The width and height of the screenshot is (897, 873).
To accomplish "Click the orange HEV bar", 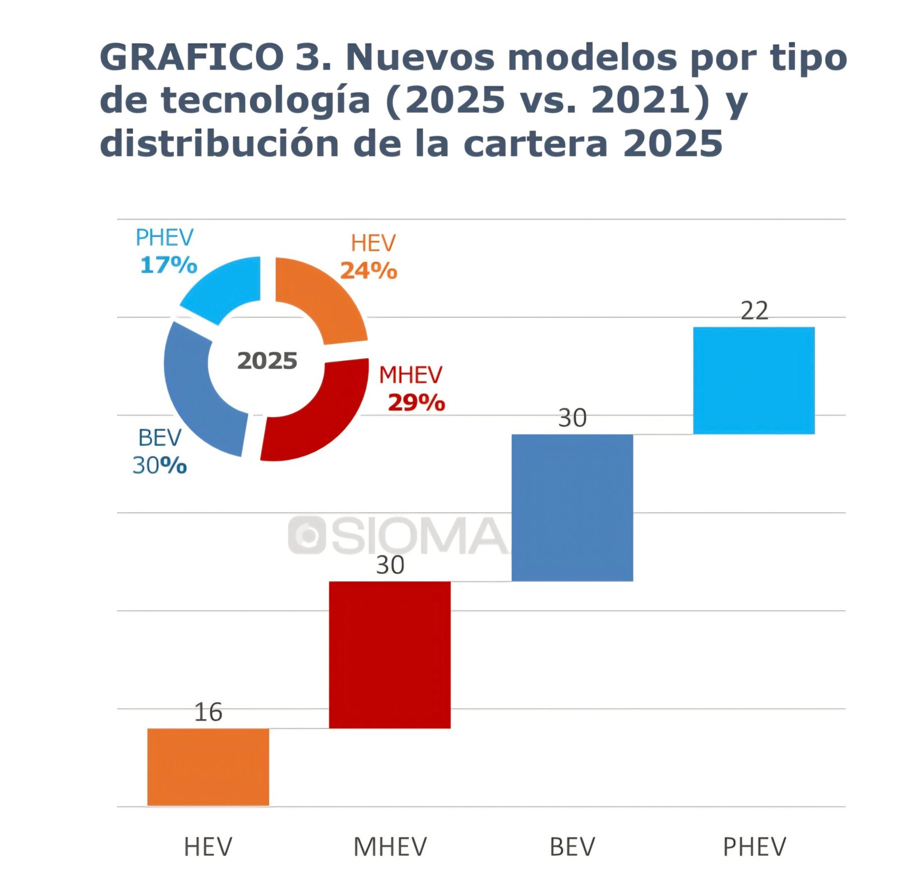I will tap(208, 767).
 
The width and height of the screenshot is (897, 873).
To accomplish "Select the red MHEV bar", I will tap(390, 654).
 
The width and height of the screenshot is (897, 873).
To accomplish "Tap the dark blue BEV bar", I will tap(572, 507).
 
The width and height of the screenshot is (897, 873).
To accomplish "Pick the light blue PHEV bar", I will tap(753, 380).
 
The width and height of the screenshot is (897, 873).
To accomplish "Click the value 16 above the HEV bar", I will tap(208, 712).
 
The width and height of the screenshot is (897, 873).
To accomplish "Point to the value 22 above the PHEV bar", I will tap(754, 310).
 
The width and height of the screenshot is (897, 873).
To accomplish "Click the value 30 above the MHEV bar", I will tap(390, 565).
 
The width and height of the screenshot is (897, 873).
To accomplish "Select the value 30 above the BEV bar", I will tap(572, 418).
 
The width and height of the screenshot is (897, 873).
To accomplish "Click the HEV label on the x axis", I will tap(208, 847).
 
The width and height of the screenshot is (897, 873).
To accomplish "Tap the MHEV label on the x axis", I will tap(390, 847).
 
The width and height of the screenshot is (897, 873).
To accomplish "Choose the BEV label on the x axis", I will tap(572, 847).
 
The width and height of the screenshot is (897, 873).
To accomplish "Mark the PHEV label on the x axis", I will tap(754, 847).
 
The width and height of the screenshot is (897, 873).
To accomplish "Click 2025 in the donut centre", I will tap(267, 361).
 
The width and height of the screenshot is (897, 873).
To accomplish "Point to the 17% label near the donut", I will tap(169, 265).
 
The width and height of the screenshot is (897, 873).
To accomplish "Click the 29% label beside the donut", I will tap(416, 402).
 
